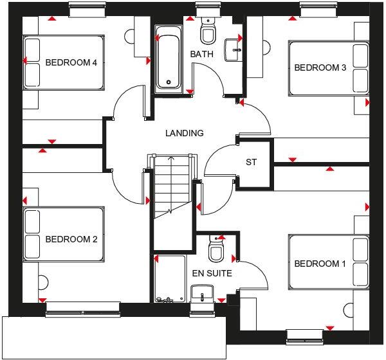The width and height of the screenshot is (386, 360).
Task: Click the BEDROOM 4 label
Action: coord(71,62)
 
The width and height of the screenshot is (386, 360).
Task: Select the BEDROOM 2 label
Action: coord(71,240)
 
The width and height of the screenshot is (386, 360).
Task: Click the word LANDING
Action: coord(184,134)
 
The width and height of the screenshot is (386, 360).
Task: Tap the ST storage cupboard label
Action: coord(251,162)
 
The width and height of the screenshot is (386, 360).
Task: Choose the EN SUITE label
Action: coord(212,273)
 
